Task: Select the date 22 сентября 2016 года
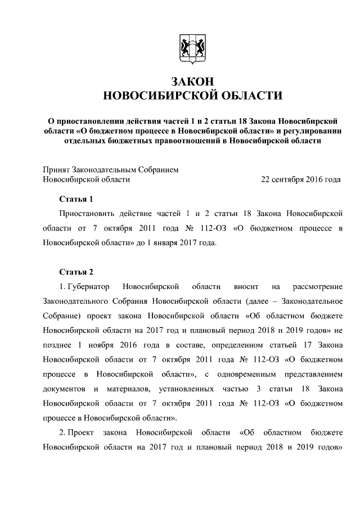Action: point(301,179)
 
